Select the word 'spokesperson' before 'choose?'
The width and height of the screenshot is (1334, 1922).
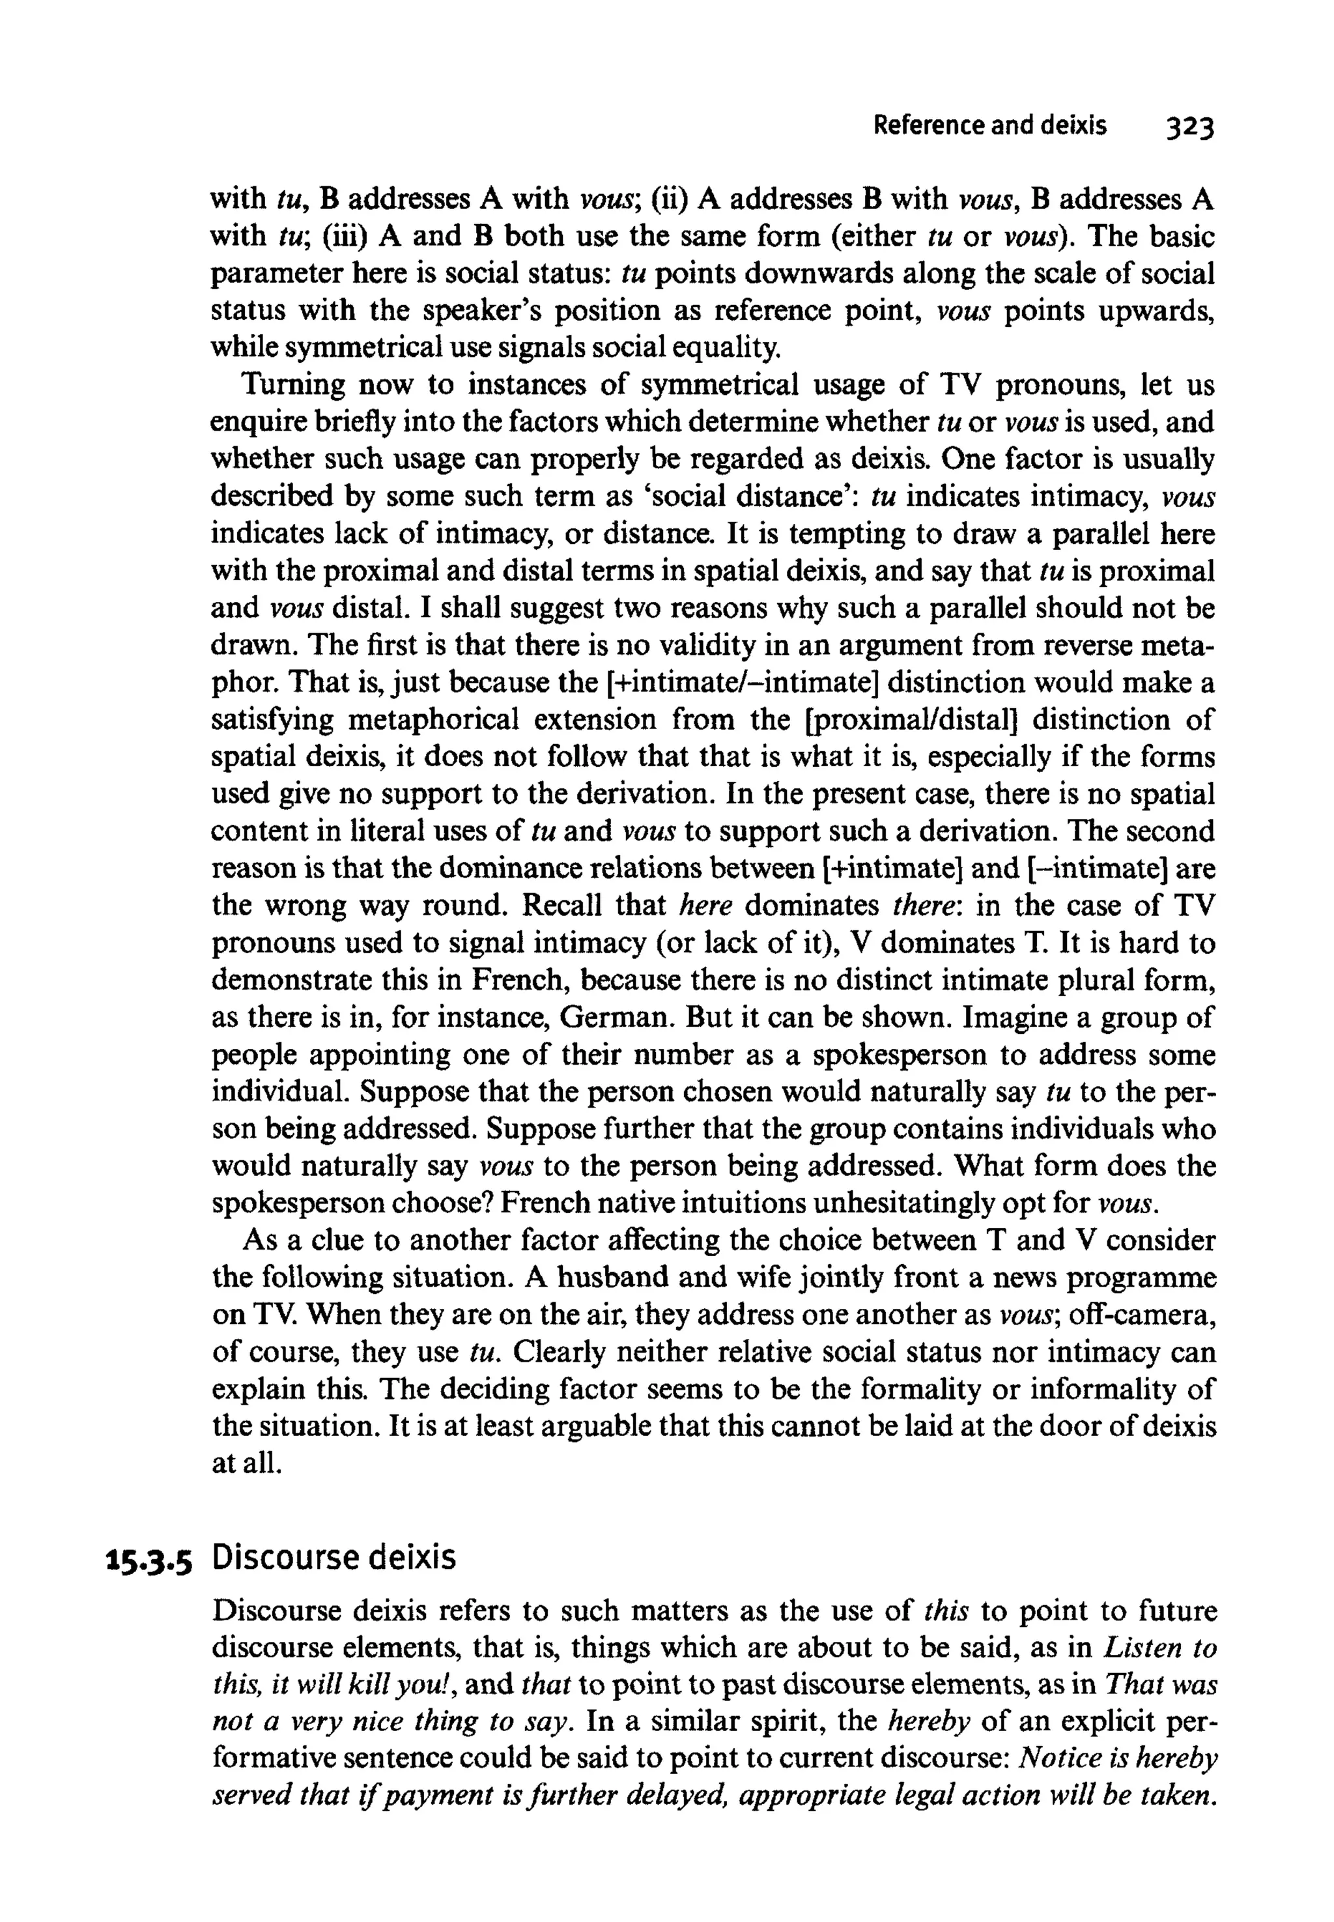click(x=292, y=1203)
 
